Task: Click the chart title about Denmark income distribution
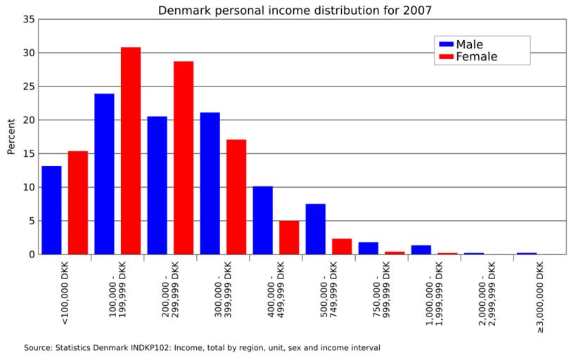295,10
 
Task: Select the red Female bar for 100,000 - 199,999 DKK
131,150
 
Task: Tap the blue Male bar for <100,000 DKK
51,210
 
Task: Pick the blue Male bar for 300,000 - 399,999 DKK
210,183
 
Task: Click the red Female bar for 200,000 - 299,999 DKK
184,157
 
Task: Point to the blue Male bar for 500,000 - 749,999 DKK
315,229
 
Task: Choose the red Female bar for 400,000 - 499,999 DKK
289,237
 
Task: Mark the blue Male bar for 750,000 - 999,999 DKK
368,247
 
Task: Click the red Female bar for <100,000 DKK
78,202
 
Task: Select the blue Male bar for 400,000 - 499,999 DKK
262,220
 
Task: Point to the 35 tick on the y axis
29,20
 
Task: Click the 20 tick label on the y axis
29,120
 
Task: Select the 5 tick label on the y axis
32,221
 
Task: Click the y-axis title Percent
11,136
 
